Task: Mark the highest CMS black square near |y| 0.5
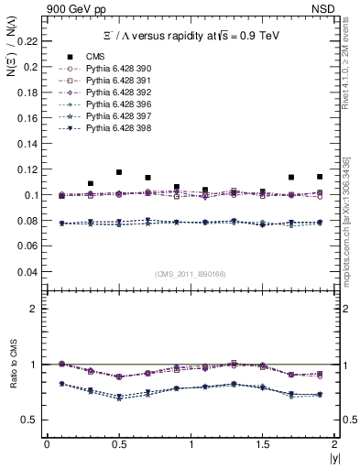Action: click(x=119, y=172)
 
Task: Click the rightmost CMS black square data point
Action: click(x=320, y=177)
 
